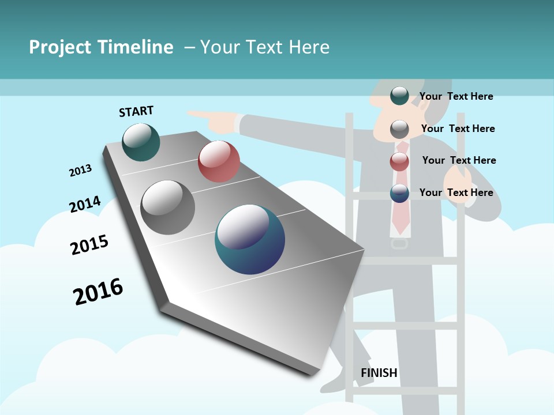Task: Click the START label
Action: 136,111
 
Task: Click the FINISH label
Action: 379,373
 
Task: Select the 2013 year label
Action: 80,171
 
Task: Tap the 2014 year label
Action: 85,204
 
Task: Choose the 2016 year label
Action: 98,292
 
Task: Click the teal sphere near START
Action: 141,142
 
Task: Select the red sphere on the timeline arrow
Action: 219,161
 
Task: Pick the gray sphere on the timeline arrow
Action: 168,207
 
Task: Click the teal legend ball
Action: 399,96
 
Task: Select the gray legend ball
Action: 399,129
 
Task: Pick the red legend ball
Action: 399,161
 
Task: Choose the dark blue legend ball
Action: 399,193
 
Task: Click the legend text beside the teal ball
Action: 456,96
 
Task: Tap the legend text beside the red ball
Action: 459,160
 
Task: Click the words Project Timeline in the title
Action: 101,47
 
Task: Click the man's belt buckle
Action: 399,243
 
